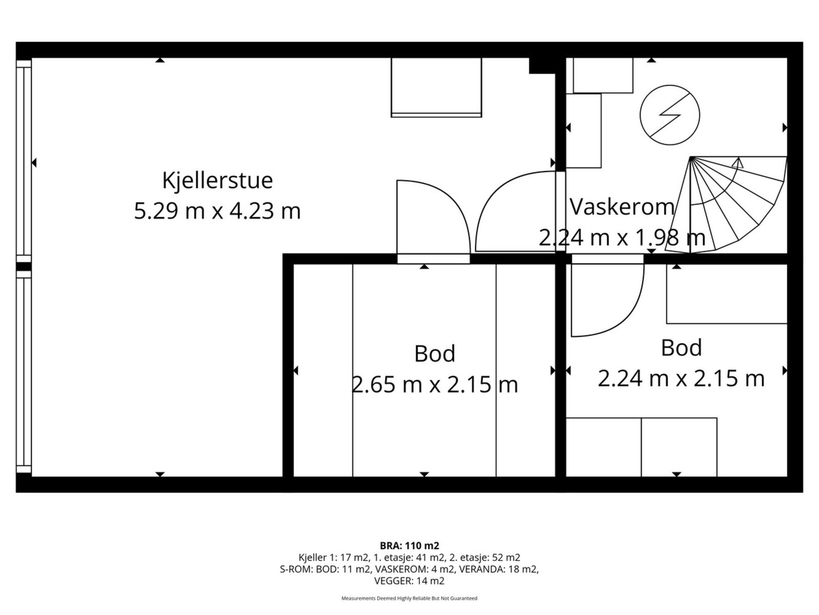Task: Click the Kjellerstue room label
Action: pyautogui.click(x=217, y=180)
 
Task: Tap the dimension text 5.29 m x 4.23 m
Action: pyautogui.click(x=217, y=211)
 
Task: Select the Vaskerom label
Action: pyautogui.click(x=621, y=207)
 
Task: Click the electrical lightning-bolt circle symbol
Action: pyautogui.click(x=670, y=115)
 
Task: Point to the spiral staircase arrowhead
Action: pyautogui.click(x=738, y=163)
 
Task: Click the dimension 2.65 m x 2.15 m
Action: pyautogui.click(x=435, y=384)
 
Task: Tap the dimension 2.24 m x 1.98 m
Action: pyautogui.click(x=621, y=237)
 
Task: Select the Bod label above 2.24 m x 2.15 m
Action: pyautogui.click(x=681, y=348)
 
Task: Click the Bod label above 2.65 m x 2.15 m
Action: pyautogui.click(x=435, y=354)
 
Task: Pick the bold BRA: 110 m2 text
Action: pyautogui.click(x=409, y=545)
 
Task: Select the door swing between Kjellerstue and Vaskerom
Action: pyautogui.click(x=512, y=215)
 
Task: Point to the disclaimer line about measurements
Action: pyautogui.click(x=409, y=598)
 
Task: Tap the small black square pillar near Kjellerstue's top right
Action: pyautogui.click(x=542, y=66)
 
